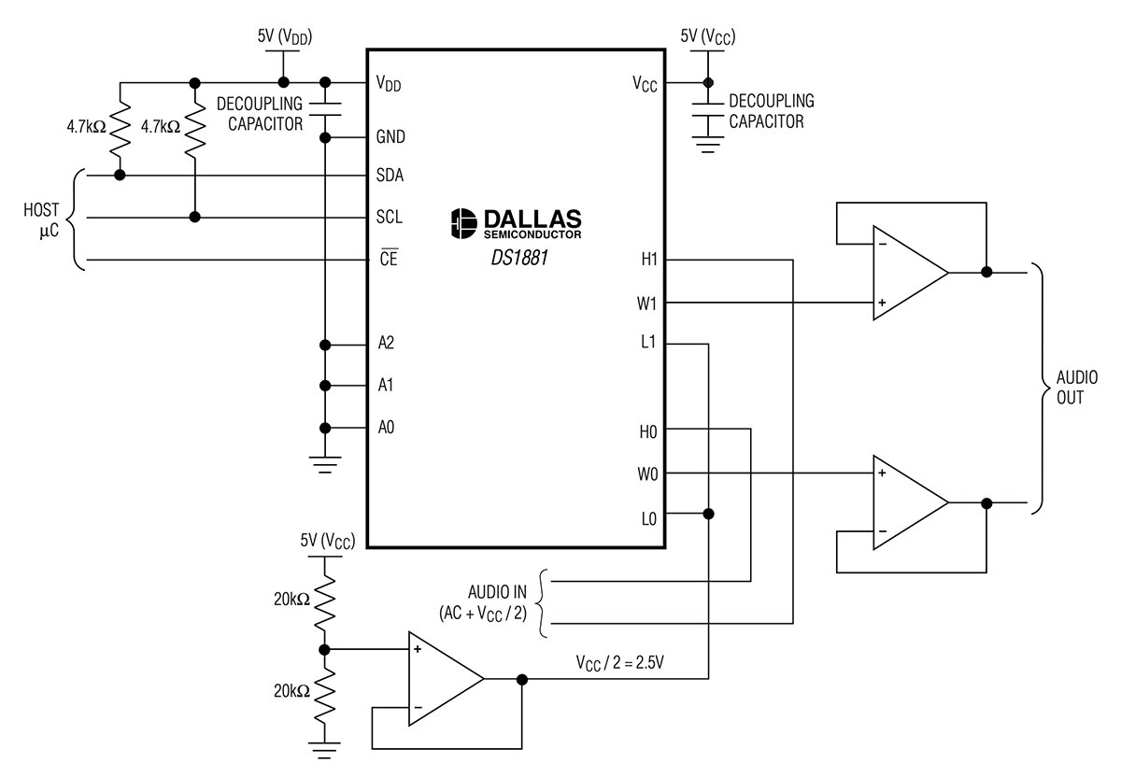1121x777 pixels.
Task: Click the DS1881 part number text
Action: (x=519, y=258)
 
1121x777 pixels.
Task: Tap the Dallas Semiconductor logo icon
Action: (x=463, y=223)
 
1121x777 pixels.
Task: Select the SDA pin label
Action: (x=390, y=176)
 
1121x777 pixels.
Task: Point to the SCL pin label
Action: (x=390, y=218)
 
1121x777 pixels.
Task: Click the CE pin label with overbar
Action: (x=389, y=257)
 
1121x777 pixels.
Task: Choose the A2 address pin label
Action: (x=386, y=343)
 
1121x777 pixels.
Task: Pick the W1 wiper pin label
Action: (x=646, y=304)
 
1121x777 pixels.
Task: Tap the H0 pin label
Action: (x=648, y=431)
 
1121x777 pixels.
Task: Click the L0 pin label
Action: (x=649, y=519)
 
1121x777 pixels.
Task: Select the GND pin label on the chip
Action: (x=390, y=136)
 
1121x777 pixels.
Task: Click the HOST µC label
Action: (x=41, y=219)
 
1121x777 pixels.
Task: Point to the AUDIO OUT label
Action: (x=1077, y=388)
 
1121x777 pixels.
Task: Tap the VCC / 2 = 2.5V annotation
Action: (x=620, y=663)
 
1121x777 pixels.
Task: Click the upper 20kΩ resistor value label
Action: (x=291, y=599)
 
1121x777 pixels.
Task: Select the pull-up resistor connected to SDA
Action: (x=121, y=126)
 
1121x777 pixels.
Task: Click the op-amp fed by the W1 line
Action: (x=910, y=273)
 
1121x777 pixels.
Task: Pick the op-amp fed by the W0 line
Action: (x=910, y=502)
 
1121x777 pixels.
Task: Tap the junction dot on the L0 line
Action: (x=708, y=514)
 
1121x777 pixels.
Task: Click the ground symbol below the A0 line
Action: (x=325, y=464)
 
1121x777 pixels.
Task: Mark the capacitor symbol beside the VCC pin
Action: (x=708, y=109)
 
